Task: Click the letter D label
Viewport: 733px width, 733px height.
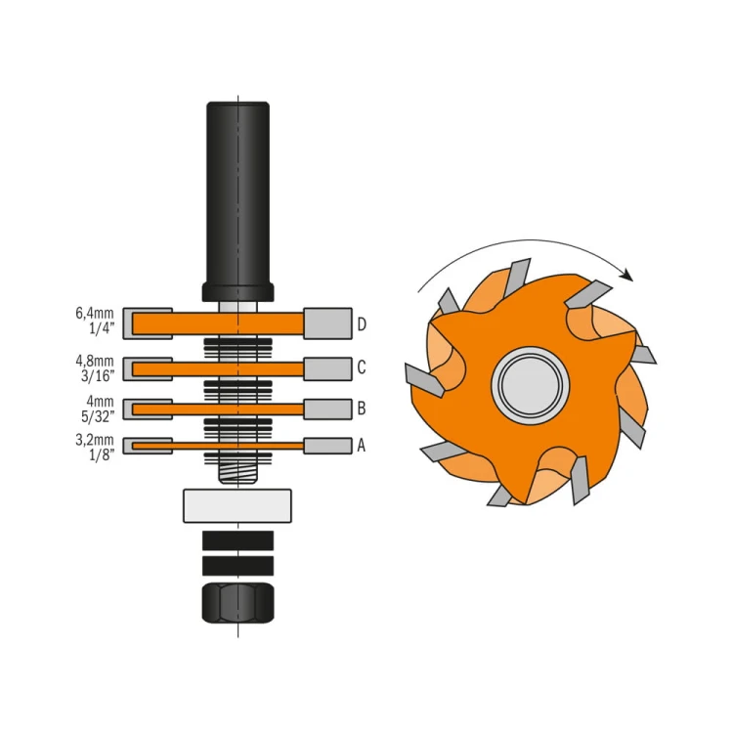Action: point(362,324)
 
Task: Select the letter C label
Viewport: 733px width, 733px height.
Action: point(362,367)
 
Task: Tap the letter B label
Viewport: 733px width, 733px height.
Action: point(362,408)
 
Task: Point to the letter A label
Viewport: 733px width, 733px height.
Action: point(362,446)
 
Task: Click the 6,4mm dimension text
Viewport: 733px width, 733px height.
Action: point(96,315)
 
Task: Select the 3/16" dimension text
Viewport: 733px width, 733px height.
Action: point(98,374)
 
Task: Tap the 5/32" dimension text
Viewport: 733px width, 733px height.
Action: point(98,414)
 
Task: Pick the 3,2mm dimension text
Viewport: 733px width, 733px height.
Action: point(96,439)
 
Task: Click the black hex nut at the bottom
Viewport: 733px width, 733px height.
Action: point(237,603)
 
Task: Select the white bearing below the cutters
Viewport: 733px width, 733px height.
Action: point(237,505)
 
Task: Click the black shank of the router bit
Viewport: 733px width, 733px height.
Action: point(237,195)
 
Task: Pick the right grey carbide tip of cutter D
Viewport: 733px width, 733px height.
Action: point(327,323)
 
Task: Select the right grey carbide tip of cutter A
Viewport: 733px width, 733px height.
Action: point(327,446)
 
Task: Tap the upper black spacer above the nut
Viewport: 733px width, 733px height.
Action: point(237,540)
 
